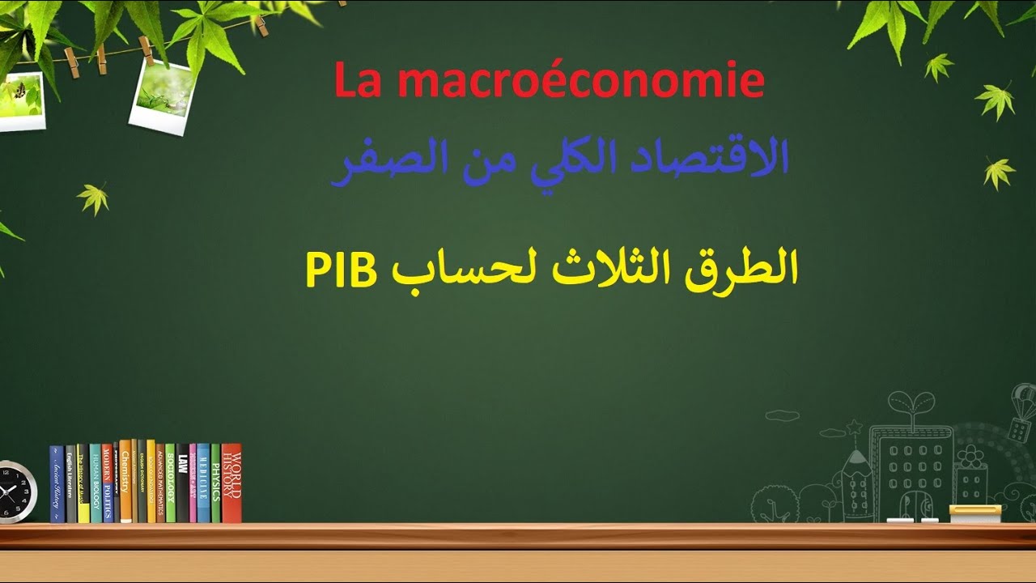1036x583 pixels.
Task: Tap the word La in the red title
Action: point(357,82)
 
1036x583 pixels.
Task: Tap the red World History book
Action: point(231,483)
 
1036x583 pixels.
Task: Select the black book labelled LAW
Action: point(183,483)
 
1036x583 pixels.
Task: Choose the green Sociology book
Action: point(170,483)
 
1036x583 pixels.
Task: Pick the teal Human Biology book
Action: point(96,483)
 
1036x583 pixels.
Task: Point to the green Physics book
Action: point(216,483)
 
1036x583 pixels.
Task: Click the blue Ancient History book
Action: point(57,484)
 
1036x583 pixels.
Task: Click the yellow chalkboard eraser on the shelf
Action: point(974,513)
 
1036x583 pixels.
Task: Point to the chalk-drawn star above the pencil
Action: point(853,426)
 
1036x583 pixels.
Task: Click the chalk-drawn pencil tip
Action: point(856,454)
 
